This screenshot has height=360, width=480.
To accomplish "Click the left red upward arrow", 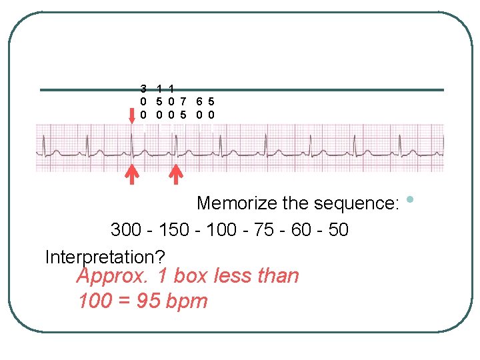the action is [x=133, y=174].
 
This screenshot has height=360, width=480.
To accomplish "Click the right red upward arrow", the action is [x=176, y=174].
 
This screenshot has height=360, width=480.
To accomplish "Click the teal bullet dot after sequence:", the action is [x=409, y=199].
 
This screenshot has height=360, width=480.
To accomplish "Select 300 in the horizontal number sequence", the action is [x=125, y=230].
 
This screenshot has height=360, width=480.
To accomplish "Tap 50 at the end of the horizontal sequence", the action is [x=338, y=230].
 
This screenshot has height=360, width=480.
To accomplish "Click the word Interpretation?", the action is [x=105, y=257].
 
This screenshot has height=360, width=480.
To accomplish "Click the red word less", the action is [x=234, y=276].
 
